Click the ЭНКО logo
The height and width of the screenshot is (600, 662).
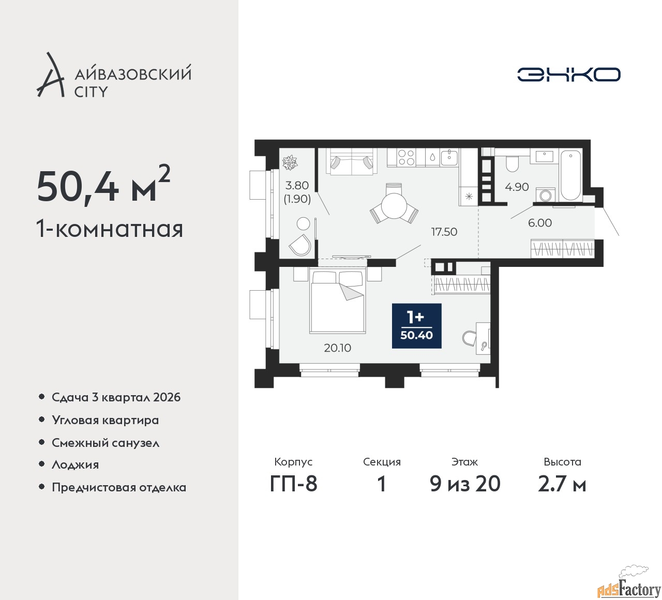pyautogui.click(x=568, y=74)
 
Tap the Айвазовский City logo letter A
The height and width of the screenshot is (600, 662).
pyautogui.click(x=50, y=74)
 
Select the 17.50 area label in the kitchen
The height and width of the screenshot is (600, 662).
pyautogui.click(x=444, y=232)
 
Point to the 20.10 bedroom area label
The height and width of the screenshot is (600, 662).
pyautogui.click(x=337, y=348)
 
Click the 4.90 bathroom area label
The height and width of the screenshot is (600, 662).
pyautogui.click(x=517, y=187)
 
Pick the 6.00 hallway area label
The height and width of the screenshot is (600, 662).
pyautogui.click(x=540, y=223)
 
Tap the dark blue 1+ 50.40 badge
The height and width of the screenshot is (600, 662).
pyautogui.click(x=416, y=326)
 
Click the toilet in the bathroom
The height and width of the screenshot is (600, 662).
pyautogui.click(x=513, y=164)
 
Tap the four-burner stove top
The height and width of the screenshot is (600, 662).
pyautogui.click(x=406, y=157)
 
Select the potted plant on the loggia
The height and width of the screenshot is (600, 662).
pyautogui.click(x=290, y=162)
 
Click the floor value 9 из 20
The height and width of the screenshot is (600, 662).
pyautogui.click(x=465, y=484)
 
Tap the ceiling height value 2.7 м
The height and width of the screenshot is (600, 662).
pyautogui.click(x=562, y=484)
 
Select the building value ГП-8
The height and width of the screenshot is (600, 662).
pyautogui.click(x=294, y=484)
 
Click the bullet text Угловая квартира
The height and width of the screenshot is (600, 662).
pyautogui.click(x=106, y=421)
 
